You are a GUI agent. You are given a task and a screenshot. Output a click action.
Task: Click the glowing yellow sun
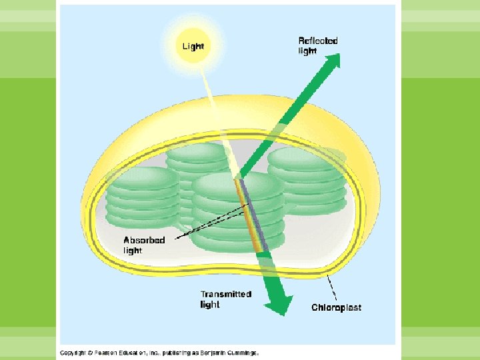tap(194, 46)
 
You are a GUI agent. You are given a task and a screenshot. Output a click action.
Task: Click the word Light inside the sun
tap(193, 46)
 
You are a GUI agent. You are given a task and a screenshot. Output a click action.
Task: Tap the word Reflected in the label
tap(317, 41)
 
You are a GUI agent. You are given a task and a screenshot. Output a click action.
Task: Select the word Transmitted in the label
tap(226, 294)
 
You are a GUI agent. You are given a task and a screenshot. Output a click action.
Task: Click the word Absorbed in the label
tap(144, 240)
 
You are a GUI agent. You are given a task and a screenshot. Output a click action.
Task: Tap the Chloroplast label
tap(337, 307)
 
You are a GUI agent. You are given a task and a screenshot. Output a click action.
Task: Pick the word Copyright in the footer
tap(71, 353)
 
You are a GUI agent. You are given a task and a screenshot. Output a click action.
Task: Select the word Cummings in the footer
tap(243, 353)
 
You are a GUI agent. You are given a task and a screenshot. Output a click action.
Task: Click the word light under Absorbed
tap(133, 251)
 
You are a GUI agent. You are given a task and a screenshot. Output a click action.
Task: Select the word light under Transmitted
tap(210, 305)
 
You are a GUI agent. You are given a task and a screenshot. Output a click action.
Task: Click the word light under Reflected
tap(307, 51)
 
